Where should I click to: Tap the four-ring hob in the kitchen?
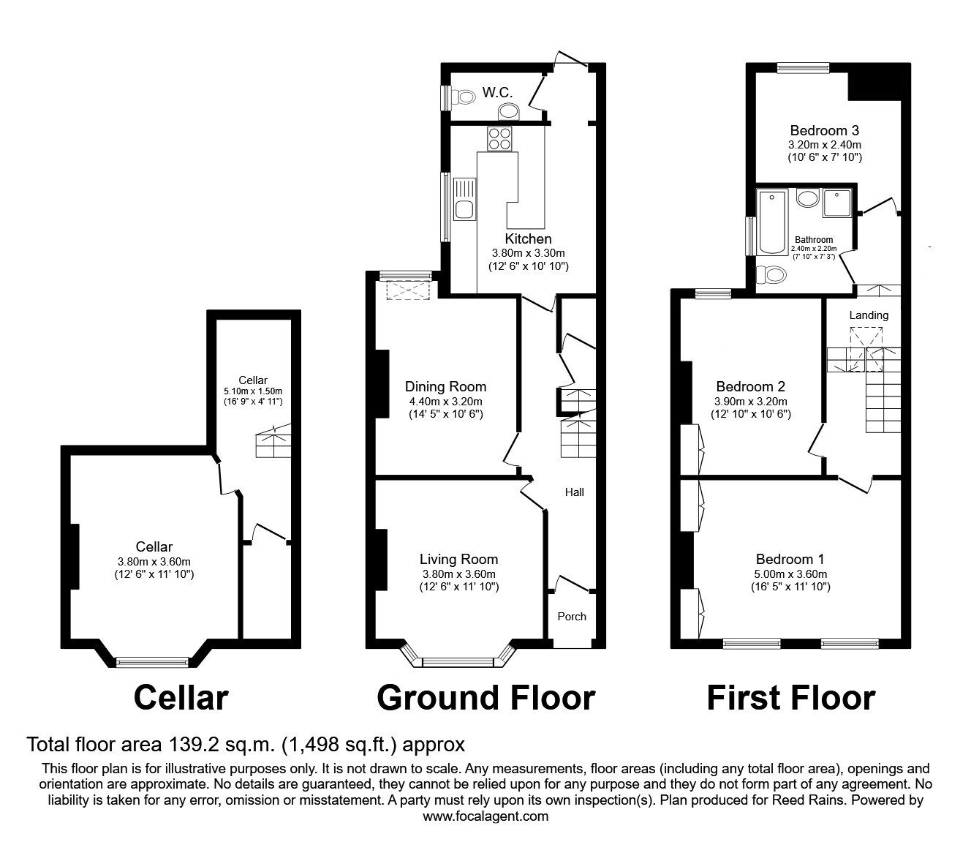[499, 139]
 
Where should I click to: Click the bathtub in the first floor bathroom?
[772, 222]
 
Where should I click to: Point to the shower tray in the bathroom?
[836, 202]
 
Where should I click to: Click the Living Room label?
[458, 559]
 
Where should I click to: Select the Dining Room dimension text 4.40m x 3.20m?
[445, 402]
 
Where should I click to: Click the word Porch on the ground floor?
[572, 617]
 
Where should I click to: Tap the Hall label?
[574, 492]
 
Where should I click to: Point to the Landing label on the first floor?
[869, 315]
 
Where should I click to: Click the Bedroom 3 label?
[825, 130]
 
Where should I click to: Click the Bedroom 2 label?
[750, 386]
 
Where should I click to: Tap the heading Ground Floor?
[485, 698]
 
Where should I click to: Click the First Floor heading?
[791, 698]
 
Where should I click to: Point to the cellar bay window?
[153, 661]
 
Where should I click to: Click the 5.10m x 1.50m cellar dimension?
[253, 391]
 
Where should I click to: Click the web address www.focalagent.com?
[485, 816]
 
